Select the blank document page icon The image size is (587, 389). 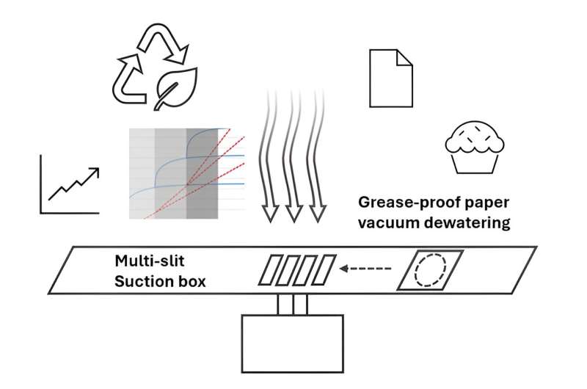coord(389,77)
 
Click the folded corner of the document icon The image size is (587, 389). coord(404,57)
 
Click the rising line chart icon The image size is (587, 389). coord(70,183)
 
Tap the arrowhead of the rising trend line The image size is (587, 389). coord(95,172)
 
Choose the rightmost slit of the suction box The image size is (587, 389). coord(324,269)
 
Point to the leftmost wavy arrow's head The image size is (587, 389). coord(271,212)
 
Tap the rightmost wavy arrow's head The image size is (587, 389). coord(317,212)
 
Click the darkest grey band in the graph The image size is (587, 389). coord(202,172)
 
